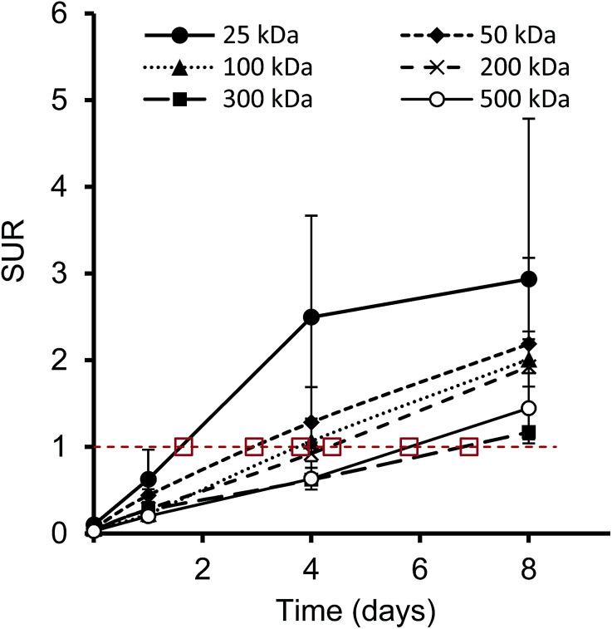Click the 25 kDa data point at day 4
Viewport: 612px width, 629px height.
click(x=311, y=317)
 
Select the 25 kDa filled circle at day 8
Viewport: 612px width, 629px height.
click(x=528, y=279)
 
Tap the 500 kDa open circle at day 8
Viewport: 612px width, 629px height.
click(x=528, y=408)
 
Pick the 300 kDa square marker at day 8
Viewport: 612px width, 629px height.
click(x=528, y=432)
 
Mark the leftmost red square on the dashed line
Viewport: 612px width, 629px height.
click(x=184, y=447)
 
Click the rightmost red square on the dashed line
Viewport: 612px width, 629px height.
click(x=469, y=447)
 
